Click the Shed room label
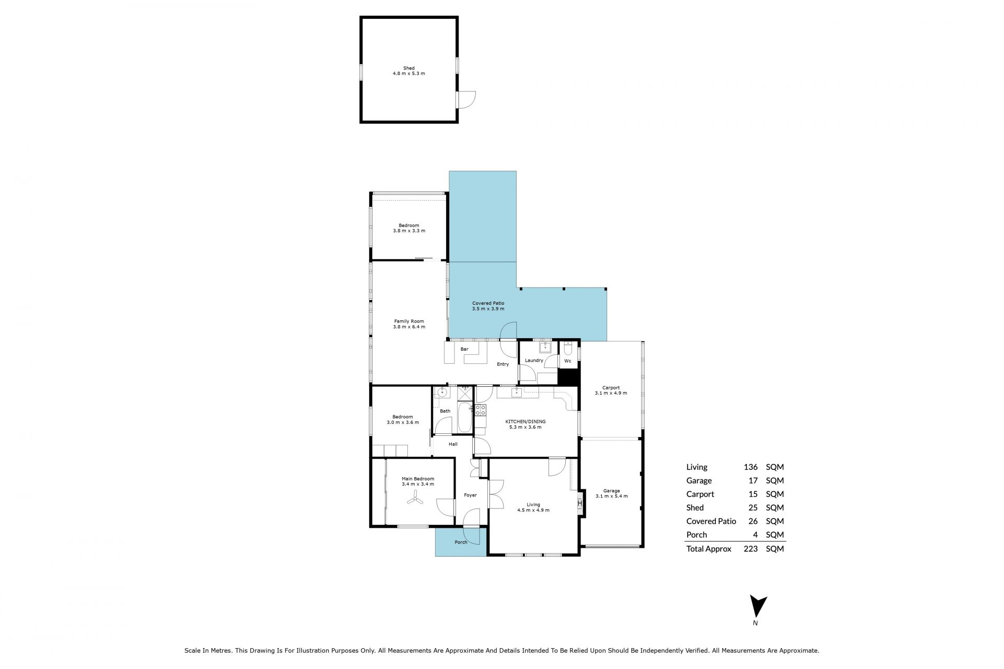pyautogui.click(x=409, y=68)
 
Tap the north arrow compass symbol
pyautogui.click(x=758, y=608)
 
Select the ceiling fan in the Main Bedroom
pyautogui.click(x=416, y=499)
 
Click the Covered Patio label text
pyautogui.click(x=488, y=303)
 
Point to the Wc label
pyautogui.click(x=568, y=361)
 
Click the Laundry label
pyautogui.click(x=534, y=360)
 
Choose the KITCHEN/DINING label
pyautogui.click(x=525, y=421)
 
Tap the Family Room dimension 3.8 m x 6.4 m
pyautogui.click(x=409, y=327)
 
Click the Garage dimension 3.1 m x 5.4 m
pyautogui.click(x=611, y=496)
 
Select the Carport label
pyautogui.click(x=611, y=388)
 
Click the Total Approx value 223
pyautogui.click(x=750, y=549)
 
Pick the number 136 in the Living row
pyautogui.click(x=750, y=467)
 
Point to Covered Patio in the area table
pyautogui.click(x=711, y=521)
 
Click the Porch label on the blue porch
pyautogui.click(x=461, y=542)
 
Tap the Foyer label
pyautogui.click(x=470, y=495)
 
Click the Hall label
pyautogui.click(x=453, y=444)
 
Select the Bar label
pyautogui.click(x=464, y=349)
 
